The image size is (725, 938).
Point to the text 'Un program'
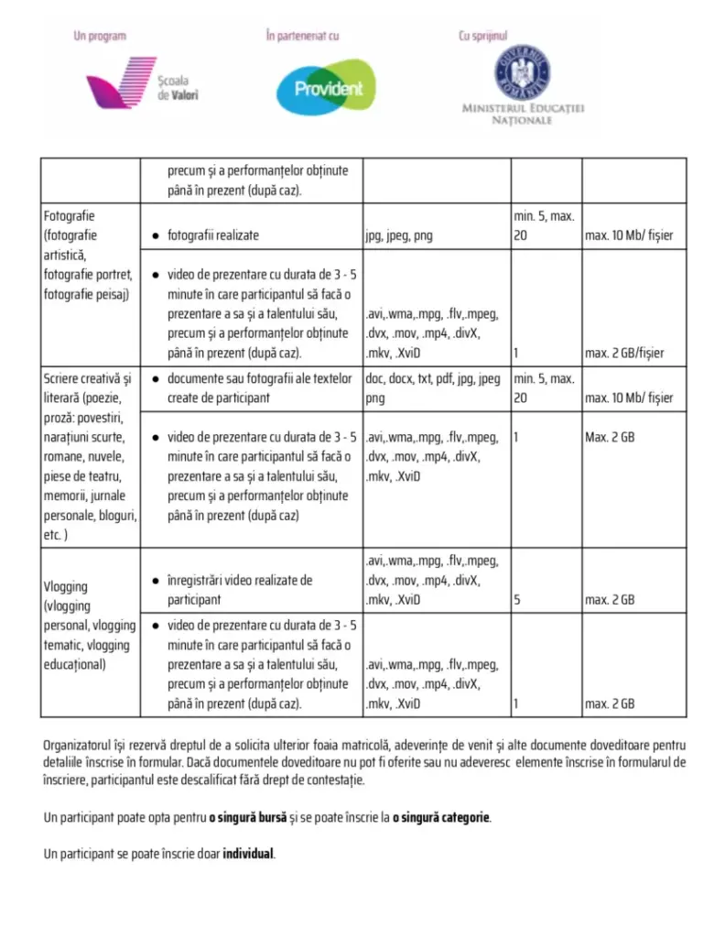point(100,37)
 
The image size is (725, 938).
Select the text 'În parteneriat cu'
point(302,37)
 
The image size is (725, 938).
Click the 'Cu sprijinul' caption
point(482,37)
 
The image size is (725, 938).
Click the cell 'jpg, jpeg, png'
point(399,235)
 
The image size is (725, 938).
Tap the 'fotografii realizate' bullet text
point(212,235)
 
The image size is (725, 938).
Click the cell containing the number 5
point(518,600)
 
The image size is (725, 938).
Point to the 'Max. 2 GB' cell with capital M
point(610,437)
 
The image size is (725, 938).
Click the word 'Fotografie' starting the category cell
point(70,216)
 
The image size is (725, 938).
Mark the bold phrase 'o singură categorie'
point(441,816)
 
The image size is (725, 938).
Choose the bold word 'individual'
point(247,854)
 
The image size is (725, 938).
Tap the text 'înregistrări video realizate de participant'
point(239,590)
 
